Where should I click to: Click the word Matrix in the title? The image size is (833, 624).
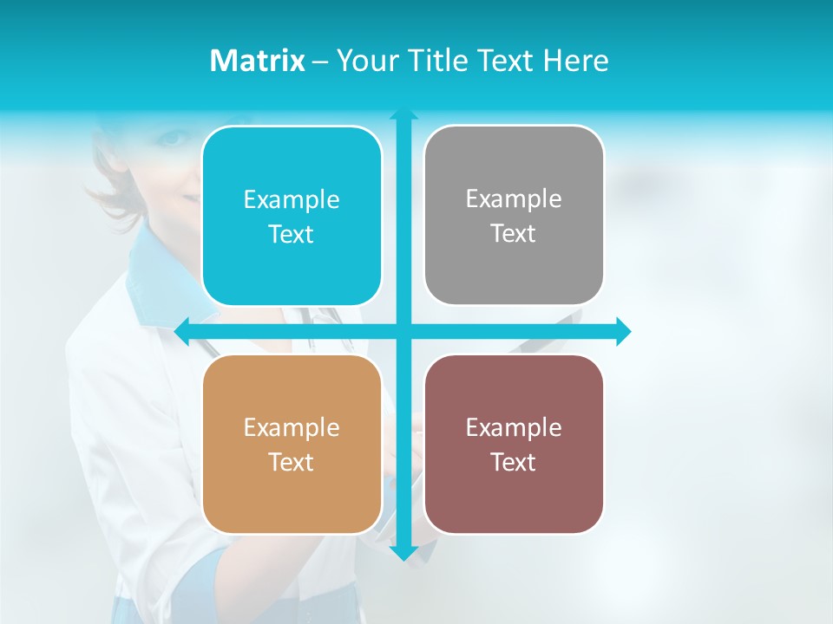pyautogui.click(x=257, y=61)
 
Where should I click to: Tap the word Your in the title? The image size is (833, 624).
pyautogui.click(x=364, y=61)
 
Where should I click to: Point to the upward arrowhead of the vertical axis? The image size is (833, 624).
pyautogui.click(x=403, y=114)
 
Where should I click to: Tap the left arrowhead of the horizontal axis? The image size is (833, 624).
pyautogui.click(x=183, y=331)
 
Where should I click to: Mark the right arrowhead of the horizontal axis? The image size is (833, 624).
pyautogui.click(x=623, y=331)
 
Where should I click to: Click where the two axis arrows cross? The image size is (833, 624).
pyautogui.click(x=403, y=331)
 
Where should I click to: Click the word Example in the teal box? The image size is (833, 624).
pyautogui.click(x=292, y=199)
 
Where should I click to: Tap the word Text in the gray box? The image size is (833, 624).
pyautogui.click(x=514, y=233)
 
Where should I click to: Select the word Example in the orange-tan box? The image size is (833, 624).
pyautogui.click(x=292, y=427)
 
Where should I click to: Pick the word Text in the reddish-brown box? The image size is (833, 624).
pyautogui.click(x=514, y=462)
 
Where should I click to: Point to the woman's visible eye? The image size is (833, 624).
pyautogui.click(x=173, y=138)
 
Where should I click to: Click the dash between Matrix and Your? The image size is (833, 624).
pyautogui.click(x=320, y=62)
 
